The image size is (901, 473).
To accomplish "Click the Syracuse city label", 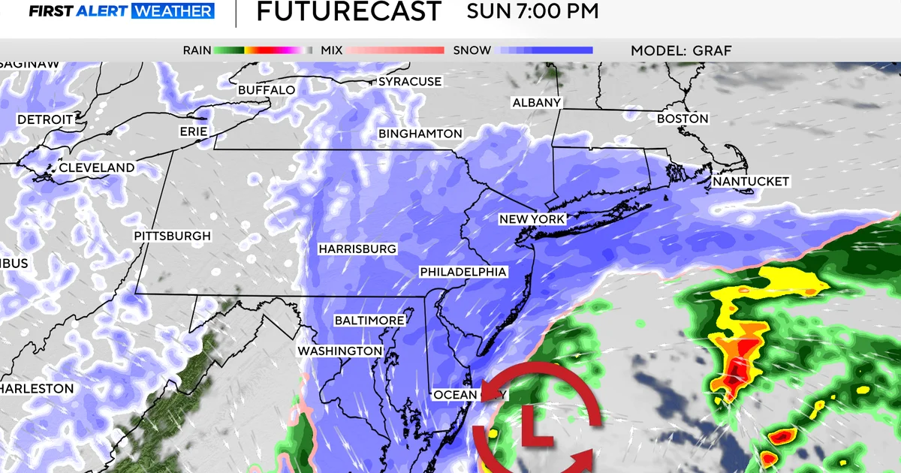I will click(410, 81).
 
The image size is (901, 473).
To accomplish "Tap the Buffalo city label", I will click(266, 90).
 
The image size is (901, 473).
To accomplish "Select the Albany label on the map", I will click(536, 102).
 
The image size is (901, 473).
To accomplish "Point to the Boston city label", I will click(683, 119).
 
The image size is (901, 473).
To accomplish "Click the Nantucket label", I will click(751, 182).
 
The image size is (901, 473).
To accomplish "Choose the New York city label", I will click(532, 219).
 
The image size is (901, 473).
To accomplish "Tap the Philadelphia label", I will click(463, 272).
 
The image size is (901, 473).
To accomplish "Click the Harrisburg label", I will click(357, 249).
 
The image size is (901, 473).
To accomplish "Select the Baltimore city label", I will click(369, 321).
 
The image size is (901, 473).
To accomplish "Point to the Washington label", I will click(340, 351).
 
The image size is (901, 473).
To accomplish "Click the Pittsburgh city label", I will click(173, 236).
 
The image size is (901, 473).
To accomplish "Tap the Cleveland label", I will click(97, 167).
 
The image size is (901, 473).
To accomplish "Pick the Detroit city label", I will click(45, 119).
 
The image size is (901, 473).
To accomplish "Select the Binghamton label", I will click(420, 134).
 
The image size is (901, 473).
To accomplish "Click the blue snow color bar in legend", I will click(546, 50).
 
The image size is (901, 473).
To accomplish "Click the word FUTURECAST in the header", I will click(349, 12).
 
